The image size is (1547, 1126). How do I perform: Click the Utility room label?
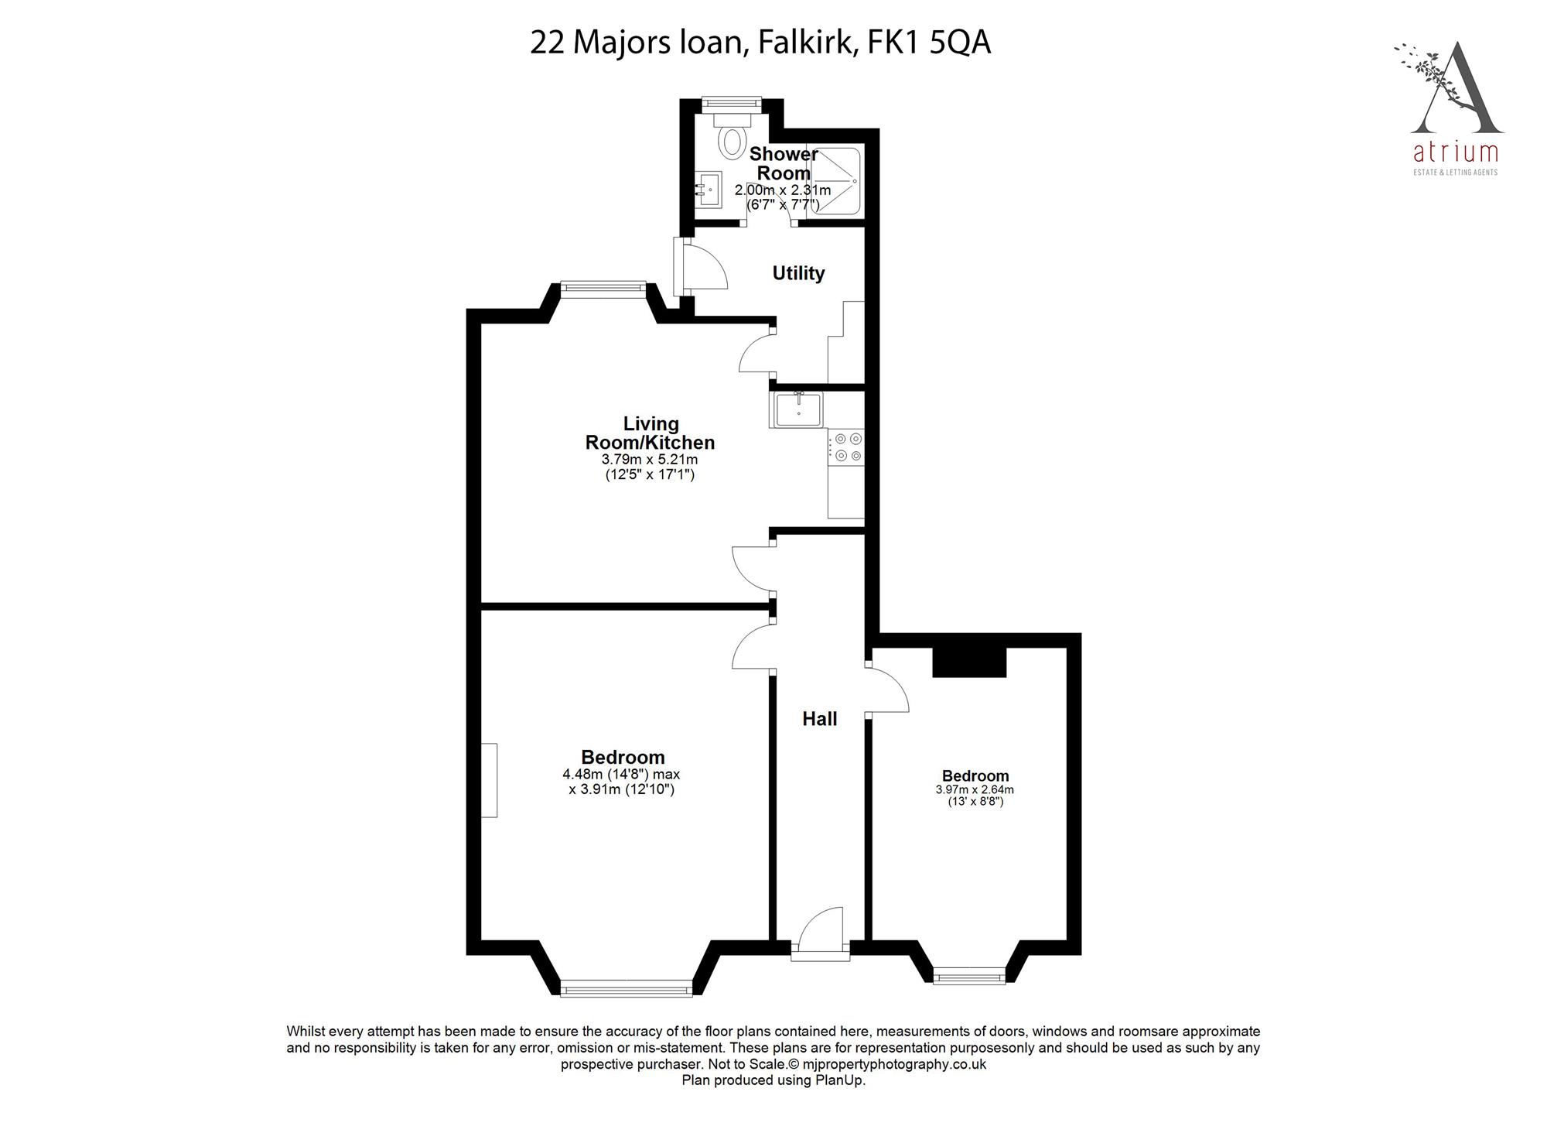(798, 273)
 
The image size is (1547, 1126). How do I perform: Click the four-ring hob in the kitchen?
(847, 448)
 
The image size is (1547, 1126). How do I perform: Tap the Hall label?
(819, 719)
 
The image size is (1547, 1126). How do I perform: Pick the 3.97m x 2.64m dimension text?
(975, 790)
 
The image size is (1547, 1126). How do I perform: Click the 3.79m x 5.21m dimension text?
(650, 460)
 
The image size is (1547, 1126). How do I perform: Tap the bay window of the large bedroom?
(627, 988)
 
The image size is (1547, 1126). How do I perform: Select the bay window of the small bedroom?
(969, 977)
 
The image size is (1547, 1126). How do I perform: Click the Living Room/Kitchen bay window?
(603, 289)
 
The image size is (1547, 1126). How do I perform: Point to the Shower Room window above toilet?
(731, 101)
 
